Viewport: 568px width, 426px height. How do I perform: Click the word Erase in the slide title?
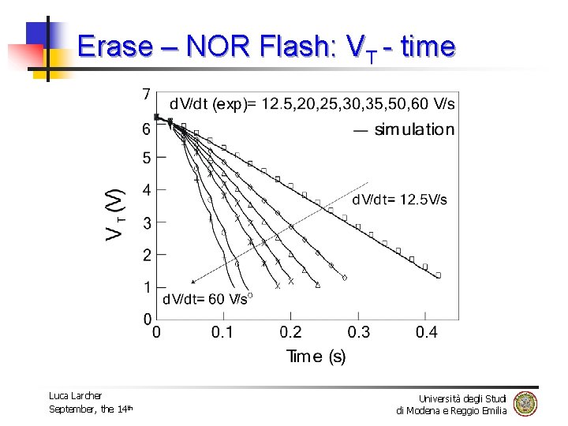coord(115,47)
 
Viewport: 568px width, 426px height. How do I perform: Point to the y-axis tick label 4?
coord(147,190)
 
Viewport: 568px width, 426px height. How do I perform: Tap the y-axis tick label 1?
coord(147,287)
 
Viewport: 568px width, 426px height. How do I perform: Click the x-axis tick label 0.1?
coord(222,332)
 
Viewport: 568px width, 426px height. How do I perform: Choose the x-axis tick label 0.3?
coord(359,332)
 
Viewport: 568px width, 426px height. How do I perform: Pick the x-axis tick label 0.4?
coord(427,332)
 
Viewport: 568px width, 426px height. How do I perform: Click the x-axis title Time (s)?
coord(316,357)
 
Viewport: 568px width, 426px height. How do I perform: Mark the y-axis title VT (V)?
coord(115,213)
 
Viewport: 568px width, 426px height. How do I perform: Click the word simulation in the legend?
coord(414,129)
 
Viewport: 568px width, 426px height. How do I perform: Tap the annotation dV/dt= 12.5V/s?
coord(399,200)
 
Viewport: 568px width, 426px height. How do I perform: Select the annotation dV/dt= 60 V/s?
coord(204,299)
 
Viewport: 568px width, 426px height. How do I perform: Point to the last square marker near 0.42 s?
coord(439,275)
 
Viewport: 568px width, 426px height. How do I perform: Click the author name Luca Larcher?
coord(75,395)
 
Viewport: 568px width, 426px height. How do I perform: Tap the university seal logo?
coord(525,403)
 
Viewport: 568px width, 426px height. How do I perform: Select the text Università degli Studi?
coord(463,398)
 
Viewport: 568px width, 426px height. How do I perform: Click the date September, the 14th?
coord(91,409)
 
